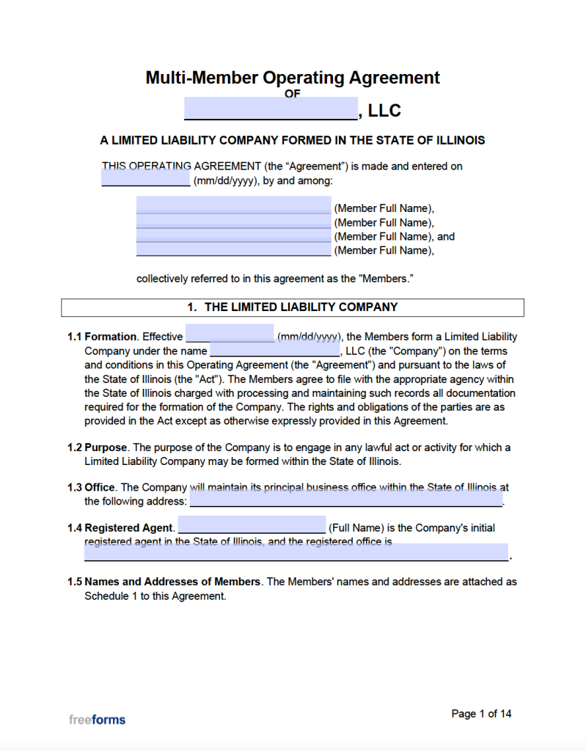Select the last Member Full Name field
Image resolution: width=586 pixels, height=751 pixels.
[233, 249]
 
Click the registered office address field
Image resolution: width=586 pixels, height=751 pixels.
[296, 552]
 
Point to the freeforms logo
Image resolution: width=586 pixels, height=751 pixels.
[97, 719]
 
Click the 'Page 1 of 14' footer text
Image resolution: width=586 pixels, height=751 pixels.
[481, 714]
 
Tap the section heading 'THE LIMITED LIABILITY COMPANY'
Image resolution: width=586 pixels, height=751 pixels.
[301, 307]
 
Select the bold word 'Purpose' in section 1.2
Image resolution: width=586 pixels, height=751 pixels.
[106, 447]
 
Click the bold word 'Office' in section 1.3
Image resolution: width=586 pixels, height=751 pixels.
[100, 487]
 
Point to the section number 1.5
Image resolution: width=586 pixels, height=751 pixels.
[75, 582]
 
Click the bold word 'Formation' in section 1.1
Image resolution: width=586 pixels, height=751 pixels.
[111, 337]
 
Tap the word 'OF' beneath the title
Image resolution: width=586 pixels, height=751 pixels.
[293, 93]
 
